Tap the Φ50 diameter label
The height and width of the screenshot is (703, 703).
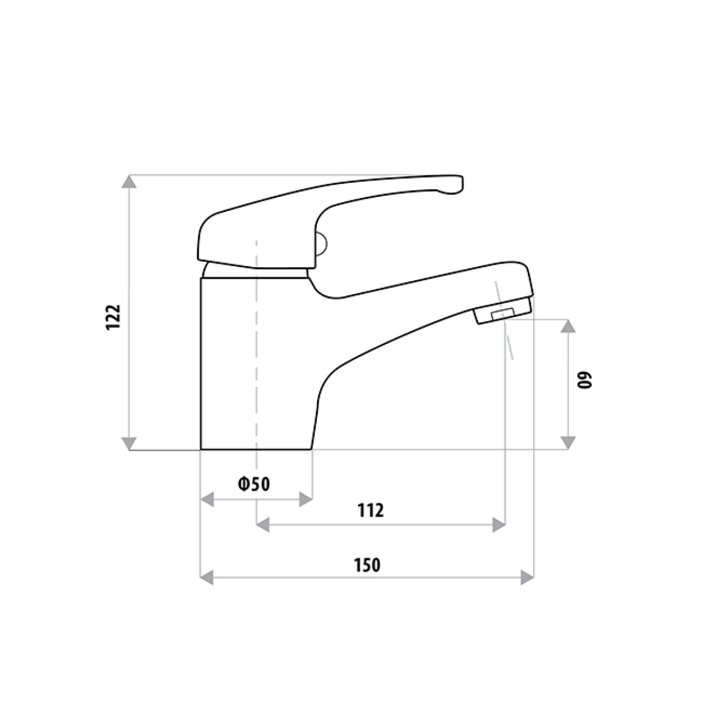click(254, 484)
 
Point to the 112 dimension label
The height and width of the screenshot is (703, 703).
click(370, 510)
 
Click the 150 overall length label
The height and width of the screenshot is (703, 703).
click(367, 565)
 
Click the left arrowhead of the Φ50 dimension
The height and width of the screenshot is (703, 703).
click(207, 500)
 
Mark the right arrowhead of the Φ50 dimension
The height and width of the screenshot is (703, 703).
click(305, 500)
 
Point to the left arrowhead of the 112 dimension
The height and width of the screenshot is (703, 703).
click(263, 524)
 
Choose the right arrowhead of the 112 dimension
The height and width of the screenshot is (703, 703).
click(499, 524)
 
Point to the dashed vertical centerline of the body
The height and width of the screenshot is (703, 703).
click(257, 351)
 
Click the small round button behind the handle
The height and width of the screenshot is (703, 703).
click(322, 245)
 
